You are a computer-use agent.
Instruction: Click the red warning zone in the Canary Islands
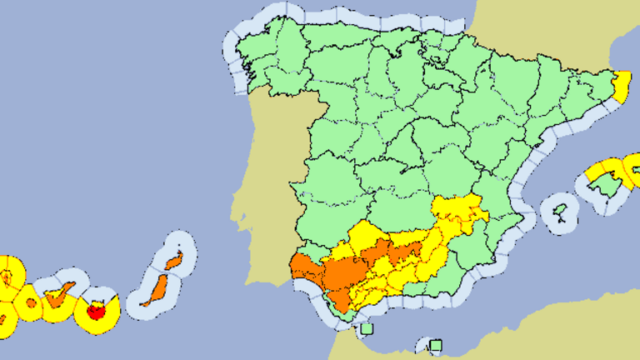97,312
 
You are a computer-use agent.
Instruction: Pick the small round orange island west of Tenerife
30,303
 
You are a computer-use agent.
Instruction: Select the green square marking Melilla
435,344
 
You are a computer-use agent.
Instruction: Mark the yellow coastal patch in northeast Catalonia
622,84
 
